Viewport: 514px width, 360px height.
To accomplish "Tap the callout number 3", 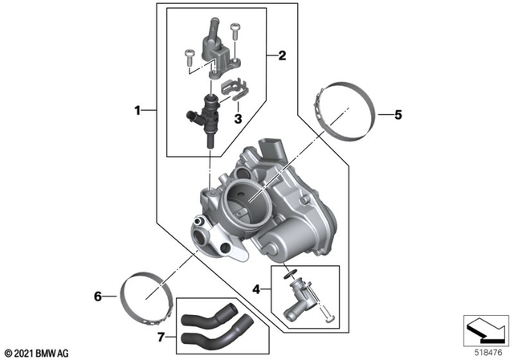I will pos(238,118).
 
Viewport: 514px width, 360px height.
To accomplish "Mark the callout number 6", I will pos(99,297).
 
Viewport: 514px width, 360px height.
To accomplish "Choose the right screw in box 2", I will pos(235,33).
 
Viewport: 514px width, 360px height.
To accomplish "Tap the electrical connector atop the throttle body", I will pos(275,148).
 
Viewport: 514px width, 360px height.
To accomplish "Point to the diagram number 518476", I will pos(485,351).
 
